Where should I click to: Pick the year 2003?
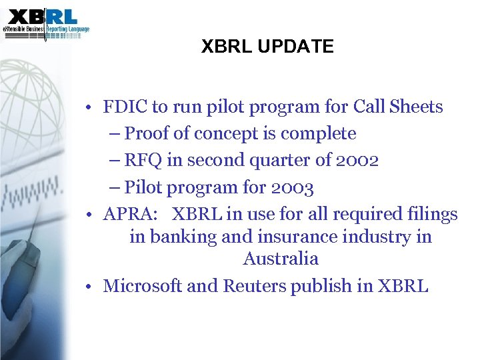(x=291, y=188)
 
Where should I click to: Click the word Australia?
(x=281, y=259)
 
